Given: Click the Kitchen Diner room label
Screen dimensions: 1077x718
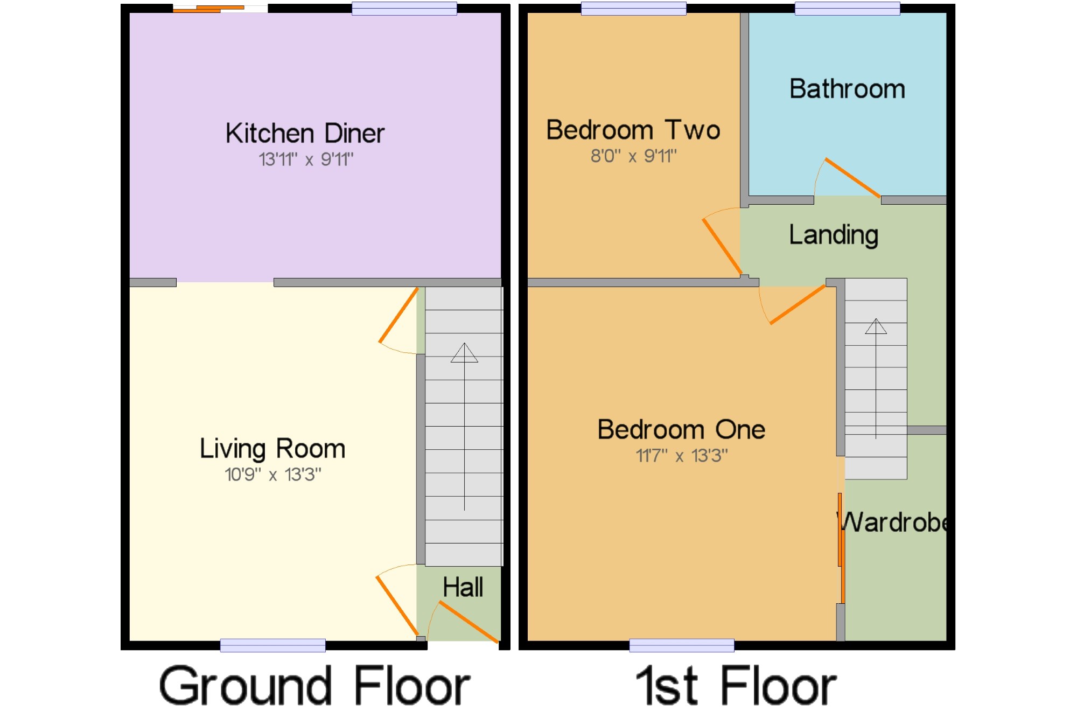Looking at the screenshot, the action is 305,133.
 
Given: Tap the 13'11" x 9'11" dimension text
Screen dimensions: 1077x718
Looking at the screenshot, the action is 306,159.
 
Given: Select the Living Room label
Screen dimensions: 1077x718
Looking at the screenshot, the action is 272,449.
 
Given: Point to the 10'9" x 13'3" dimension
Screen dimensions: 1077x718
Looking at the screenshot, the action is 273,475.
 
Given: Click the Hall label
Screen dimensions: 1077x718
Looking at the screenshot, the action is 463,587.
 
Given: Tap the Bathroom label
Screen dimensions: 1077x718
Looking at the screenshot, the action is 847,89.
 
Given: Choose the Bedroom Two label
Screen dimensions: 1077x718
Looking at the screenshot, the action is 633,130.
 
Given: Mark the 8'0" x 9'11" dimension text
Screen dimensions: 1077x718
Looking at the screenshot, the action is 633,156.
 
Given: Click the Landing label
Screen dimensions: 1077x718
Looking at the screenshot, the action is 834,235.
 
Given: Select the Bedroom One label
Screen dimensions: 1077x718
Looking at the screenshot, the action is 681,430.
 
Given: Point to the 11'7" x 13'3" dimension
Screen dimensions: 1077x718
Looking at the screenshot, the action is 681,456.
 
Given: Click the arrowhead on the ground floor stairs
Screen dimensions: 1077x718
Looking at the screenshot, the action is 464,353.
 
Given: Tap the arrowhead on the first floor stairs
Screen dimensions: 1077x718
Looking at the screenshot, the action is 876,326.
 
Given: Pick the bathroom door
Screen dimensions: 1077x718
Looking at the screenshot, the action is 852,178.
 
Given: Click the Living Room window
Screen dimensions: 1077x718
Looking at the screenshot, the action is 272,645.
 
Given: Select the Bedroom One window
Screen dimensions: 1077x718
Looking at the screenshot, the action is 682,645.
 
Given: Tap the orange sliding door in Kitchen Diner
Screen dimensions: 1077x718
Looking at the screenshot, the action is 208,9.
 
